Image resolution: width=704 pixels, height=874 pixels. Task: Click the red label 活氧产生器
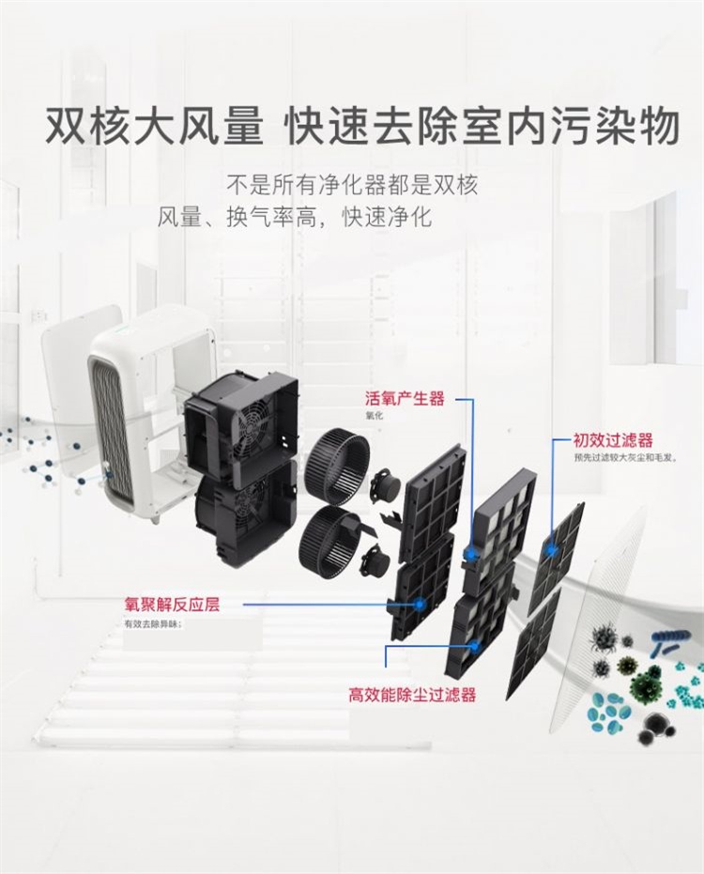[x=405, y=398]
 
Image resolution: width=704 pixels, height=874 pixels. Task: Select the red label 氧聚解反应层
[x=172, y=605]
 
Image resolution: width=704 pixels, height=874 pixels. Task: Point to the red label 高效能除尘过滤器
[x=412, y=696]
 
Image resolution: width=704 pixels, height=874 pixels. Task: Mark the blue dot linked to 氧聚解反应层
[x=419, y=605]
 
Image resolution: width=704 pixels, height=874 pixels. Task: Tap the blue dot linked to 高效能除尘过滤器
[x=476, y=646]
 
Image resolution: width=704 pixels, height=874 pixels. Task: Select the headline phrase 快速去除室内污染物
[x=483, y=128]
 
